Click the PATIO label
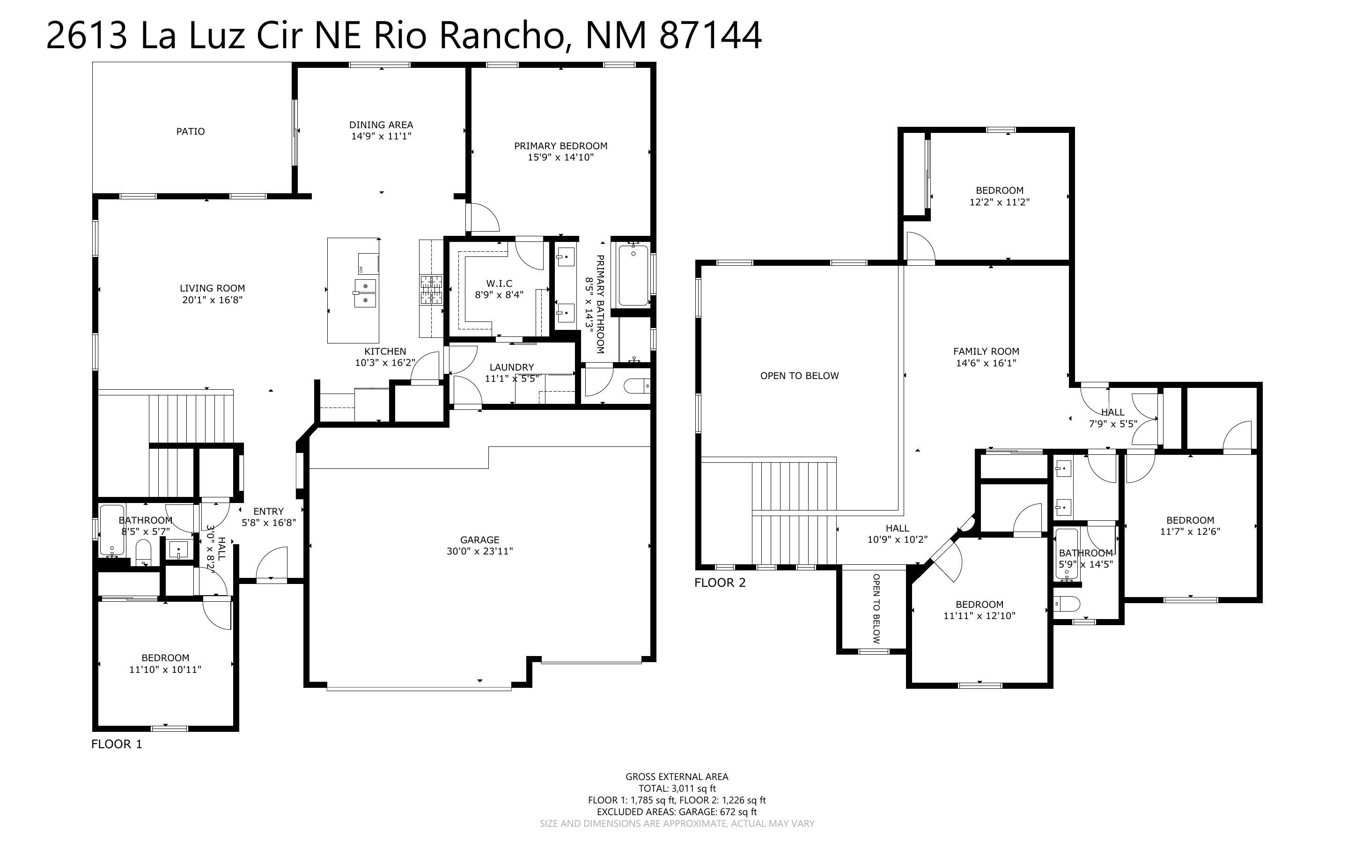[190, 131]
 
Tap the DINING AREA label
[381, 125]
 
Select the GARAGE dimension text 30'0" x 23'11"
[479, 551]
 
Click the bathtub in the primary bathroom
[633, 275]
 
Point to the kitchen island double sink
[365, 292]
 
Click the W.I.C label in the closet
[499, 284]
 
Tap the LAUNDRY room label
[512, 367]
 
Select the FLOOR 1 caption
[117, 744]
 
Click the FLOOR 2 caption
[720, 583]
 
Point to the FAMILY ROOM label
[986, 351]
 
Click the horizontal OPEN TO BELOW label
[799, 376]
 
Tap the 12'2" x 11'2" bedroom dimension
[1000, 202]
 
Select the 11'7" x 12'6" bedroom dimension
[1190, 532]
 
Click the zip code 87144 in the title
[710, 35]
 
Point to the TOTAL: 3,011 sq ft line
[677, 788]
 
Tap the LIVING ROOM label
[212, 288]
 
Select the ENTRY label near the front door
[268, 511]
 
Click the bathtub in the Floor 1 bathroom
[112, 530]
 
